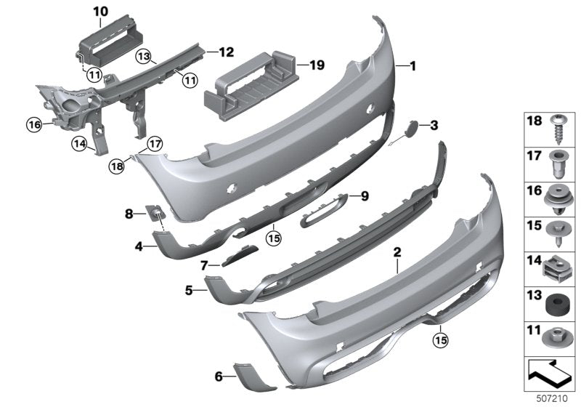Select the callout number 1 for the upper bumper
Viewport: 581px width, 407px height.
click(x=413, y=66)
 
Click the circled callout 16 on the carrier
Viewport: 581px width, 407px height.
click(x=34, y=125)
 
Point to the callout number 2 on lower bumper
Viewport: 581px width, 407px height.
click(x=397, y=253)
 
